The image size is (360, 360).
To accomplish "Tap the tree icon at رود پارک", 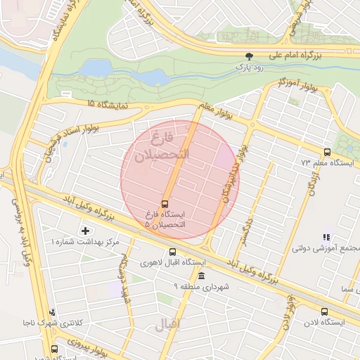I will (248, 56).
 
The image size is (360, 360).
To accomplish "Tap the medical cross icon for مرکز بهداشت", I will (86, 230).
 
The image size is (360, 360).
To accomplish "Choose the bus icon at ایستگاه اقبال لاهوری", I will (173, 252).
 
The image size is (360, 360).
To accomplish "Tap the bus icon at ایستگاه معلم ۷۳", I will (326, 152).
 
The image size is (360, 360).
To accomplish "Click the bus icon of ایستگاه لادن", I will (324, 311).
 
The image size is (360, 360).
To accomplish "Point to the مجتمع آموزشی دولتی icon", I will (326, 238).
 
